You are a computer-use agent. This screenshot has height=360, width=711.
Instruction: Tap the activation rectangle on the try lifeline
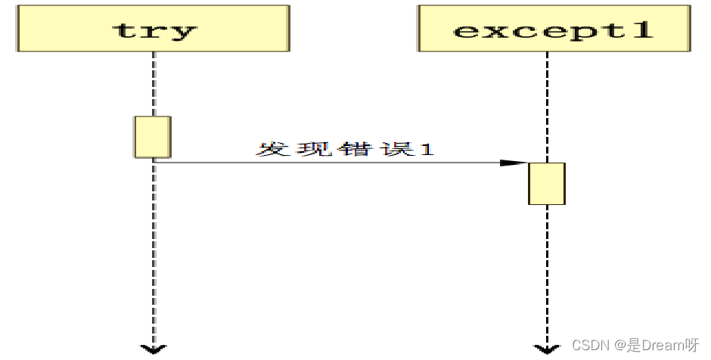click(153, 137)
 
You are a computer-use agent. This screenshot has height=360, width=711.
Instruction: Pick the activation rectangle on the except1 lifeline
click(546, 183)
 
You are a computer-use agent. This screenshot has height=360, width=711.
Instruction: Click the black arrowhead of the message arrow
click(514, 163)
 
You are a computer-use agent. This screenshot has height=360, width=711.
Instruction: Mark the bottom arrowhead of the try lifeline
click(154, 349)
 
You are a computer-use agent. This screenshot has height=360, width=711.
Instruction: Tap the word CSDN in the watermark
click(590, 346)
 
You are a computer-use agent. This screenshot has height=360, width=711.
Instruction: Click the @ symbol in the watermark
click(618, 346)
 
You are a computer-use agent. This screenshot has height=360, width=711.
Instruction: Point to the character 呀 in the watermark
click(691, 346)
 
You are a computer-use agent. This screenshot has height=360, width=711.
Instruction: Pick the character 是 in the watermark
click(633, 346)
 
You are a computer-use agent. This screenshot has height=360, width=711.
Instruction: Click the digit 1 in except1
click(641, 31)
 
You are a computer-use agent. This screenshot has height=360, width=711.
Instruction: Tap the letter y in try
click(184, 33)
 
